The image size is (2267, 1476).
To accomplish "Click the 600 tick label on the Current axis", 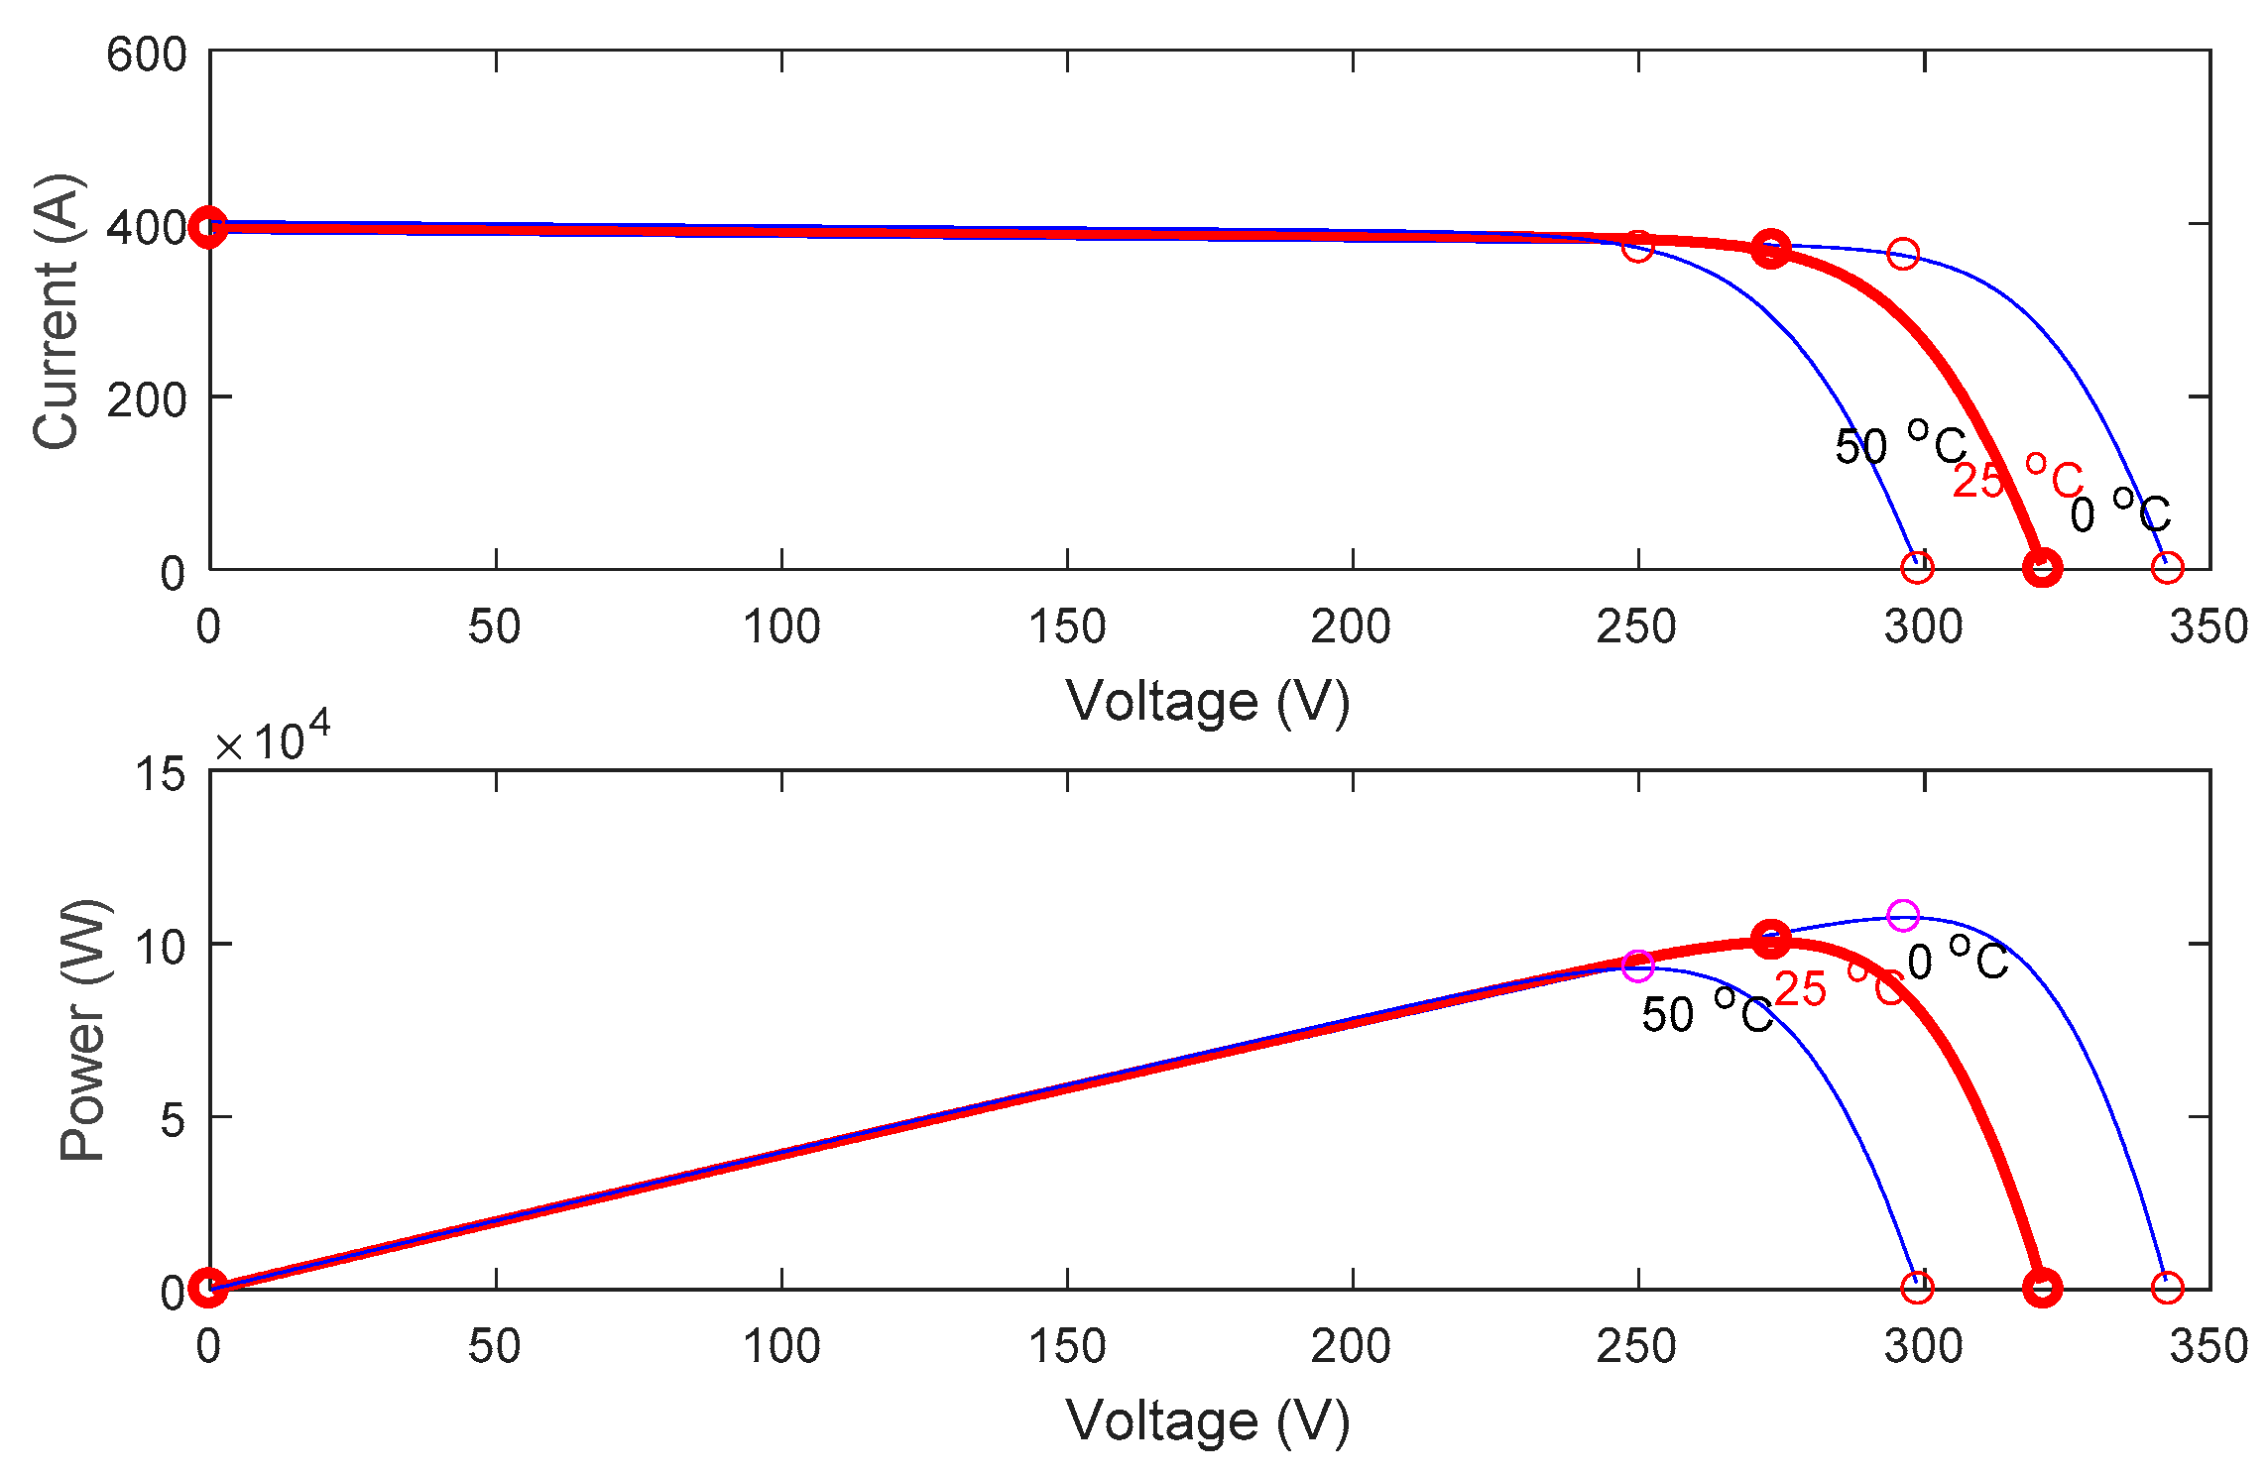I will [146, 55].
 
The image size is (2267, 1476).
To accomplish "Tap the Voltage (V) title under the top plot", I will [1208, 702].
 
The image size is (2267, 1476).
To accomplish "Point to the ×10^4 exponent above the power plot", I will [273, 738].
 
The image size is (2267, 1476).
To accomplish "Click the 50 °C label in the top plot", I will [1899, 445].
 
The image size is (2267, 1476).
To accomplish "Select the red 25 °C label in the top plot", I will [2017, 480].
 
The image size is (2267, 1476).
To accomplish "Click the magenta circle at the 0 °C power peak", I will [1902, 915].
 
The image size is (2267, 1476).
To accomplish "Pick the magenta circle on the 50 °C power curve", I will [1638, 965].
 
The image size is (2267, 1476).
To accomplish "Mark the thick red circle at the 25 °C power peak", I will [1771, 939].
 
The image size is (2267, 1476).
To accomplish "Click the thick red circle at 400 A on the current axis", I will [208, 227].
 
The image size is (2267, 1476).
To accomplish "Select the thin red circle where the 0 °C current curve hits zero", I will [2167, 568].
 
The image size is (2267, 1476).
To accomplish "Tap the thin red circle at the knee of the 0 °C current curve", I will [1902, 254].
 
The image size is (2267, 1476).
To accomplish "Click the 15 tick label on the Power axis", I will [161, 773].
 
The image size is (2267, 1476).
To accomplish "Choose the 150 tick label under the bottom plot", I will [1067, 1346].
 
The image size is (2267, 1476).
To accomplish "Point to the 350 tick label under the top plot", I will [2207, 626].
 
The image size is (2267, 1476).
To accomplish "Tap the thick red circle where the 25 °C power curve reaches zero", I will [2042, 1288].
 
